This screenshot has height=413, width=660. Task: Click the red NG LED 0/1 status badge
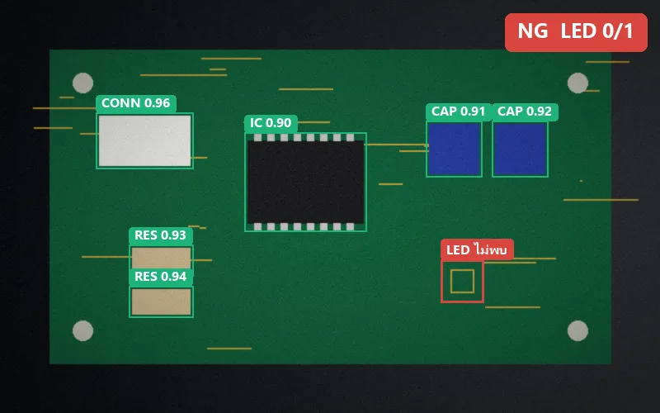[576, 32]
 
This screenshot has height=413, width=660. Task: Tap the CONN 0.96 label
[136, 103]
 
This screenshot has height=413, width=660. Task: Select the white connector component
[145, 140]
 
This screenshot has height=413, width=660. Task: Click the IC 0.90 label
[271, 123]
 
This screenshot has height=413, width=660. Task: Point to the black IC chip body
[305, 182]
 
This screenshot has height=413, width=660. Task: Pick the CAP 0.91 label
[459, 112]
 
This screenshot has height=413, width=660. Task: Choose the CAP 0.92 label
[525, 112]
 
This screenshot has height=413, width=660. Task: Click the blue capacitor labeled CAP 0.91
[455, 150]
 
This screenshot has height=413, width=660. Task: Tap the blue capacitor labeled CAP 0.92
[521, 150]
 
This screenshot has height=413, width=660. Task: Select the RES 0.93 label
[160, 235]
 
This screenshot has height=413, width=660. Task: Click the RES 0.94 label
[160, 277]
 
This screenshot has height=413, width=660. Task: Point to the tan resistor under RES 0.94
[161, 301]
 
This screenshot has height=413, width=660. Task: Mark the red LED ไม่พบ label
[477, 250]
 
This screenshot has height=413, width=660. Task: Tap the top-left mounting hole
[83, 83]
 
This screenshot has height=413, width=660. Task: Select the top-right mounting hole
[578, 83]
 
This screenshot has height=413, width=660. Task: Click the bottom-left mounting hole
[83, 331]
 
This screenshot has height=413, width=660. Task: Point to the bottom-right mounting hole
[578, 331]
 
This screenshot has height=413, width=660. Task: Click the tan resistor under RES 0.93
[161, 258]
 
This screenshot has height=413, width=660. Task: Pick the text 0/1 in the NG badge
[618, 31]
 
